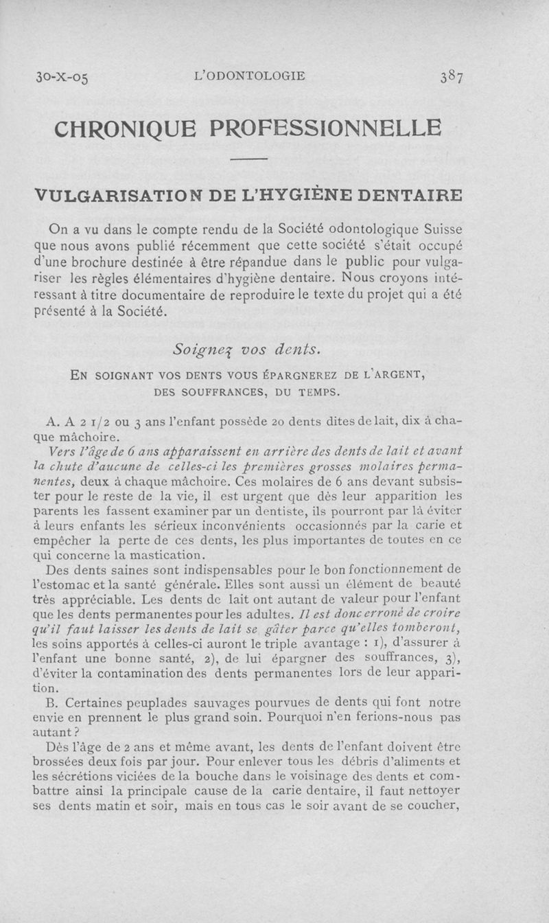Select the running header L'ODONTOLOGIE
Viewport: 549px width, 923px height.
(x=250, y=76)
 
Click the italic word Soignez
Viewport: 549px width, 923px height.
(x=199, y=350)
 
